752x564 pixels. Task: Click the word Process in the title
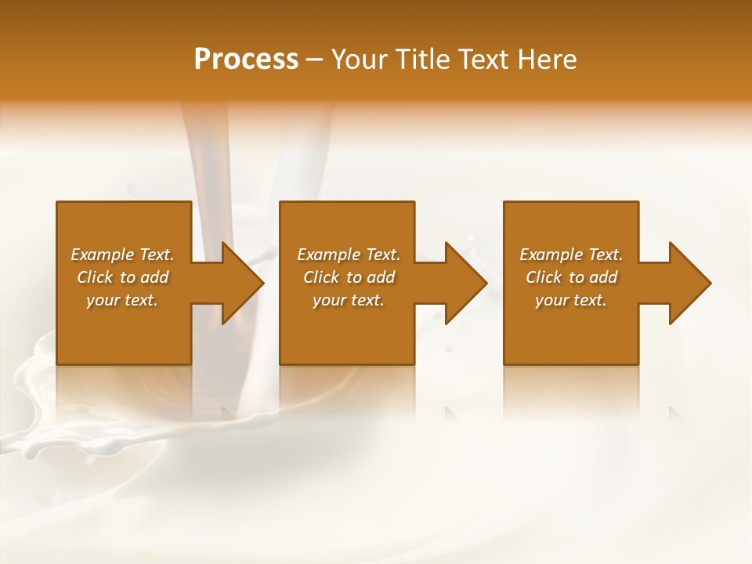pyautogui.click(x=246, y=60)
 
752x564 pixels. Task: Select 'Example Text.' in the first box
pyautogui.click(x=122, y=255)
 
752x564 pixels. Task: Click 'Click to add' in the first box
pyautogui.click(x=122, y=277)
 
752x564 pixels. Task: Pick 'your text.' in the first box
pyautogui.click(x=122, y=300)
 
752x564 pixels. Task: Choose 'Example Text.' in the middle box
pyautogui.click(x=349, y=255)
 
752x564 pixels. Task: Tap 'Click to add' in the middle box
pyautogui.click(x=349, y=277)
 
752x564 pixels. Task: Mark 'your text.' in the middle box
pyautogui.click(x=349, y=300)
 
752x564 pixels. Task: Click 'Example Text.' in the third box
pyautogui.click(x=571, y=255)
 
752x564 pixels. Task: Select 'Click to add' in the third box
pyautogui.click(x=571, y=277)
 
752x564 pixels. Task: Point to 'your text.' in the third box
pyautogui.click(x=571, y=300)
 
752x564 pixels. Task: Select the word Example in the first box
pyautogui.click(x=103, y=255)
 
